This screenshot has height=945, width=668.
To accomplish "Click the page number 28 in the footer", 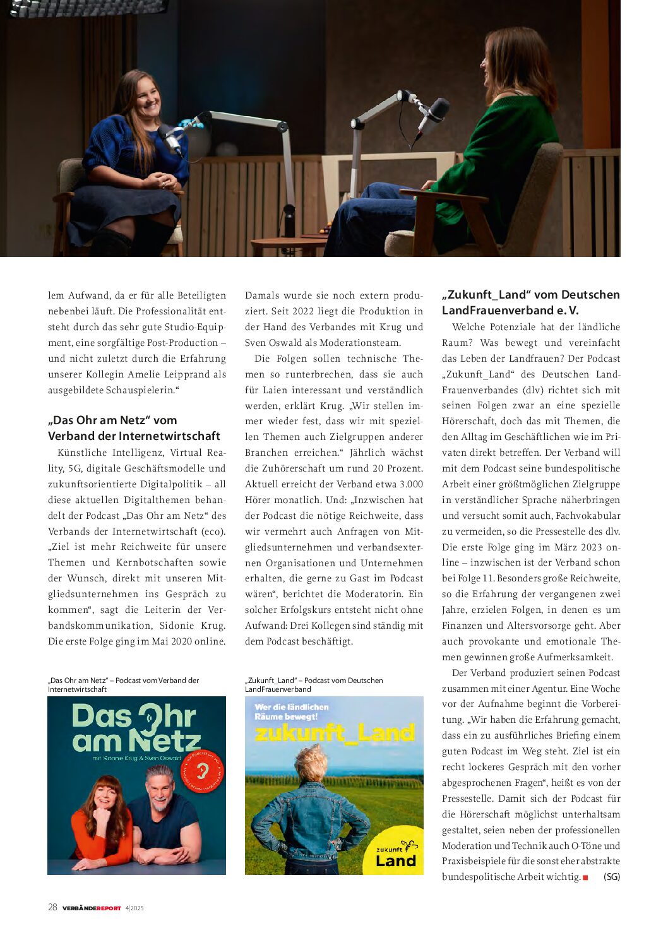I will [x=52, y=907].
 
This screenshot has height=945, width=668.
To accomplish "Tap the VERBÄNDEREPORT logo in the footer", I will [x=92, y=908].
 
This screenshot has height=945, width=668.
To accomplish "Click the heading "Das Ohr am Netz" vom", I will [x=112, y=420].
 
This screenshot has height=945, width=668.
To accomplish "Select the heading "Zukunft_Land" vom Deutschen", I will [x=530, y=295].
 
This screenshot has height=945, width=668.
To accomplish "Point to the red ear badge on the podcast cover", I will [x=203, y=771].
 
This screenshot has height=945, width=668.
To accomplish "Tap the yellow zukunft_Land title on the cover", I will [x=335, y=733].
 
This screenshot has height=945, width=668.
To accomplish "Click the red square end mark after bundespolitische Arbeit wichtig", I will [x=585, y=877].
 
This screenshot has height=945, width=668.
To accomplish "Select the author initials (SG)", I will [x=611, y=877].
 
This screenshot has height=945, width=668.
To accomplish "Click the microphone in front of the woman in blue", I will [x=170, y=140].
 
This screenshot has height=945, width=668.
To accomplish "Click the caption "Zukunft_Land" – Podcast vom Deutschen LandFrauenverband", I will [x=314, y=684].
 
